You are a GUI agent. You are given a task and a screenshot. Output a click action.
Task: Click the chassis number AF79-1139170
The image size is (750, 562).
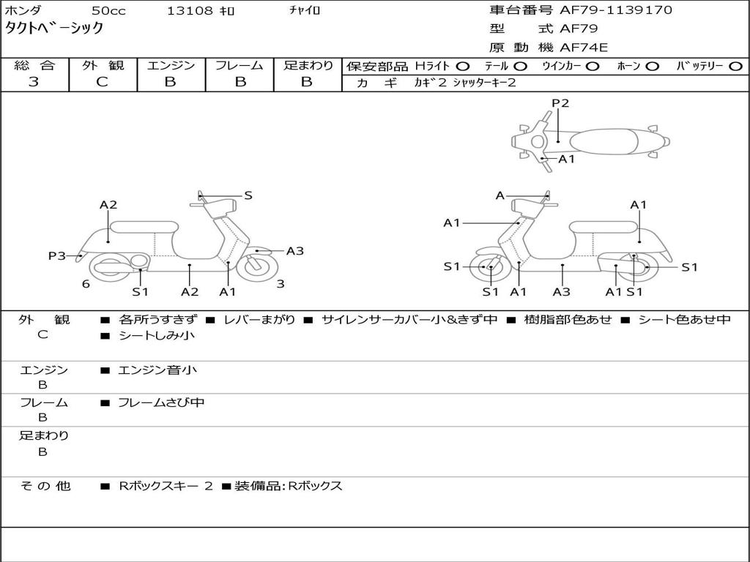615,10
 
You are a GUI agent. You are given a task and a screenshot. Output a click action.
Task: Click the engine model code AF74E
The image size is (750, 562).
584,48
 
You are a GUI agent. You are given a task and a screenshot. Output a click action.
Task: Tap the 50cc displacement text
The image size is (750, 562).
108,10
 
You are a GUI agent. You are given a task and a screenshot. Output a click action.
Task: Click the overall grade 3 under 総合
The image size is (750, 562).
34,82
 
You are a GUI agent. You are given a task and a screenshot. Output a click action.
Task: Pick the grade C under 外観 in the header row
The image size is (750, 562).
102,82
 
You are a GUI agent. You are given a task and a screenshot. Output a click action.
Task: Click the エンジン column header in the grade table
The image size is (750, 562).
171,65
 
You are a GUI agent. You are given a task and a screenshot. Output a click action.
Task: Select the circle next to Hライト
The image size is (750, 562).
463,67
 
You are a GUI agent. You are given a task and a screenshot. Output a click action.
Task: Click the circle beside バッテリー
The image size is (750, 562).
735,67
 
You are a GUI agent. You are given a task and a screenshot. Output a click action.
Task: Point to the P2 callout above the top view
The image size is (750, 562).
560,103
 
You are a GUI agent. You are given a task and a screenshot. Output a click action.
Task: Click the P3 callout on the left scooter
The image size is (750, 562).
57,255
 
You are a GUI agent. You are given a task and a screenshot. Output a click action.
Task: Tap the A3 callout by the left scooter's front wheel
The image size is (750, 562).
295,251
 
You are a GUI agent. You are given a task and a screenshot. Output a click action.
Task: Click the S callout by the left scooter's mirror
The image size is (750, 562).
248,195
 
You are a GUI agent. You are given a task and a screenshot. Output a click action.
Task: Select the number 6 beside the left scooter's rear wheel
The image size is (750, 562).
86,284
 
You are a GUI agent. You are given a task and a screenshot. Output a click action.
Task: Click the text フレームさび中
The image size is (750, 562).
161,403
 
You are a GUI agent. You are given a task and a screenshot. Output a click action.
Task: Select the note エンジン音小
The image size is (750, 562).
157,370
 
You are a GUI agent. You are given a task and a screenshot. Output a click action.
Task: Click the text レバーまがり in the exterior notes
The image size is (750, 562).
260,320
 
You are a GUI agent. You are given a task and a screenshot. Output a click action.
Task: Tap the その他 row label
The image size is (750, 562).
45,486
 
